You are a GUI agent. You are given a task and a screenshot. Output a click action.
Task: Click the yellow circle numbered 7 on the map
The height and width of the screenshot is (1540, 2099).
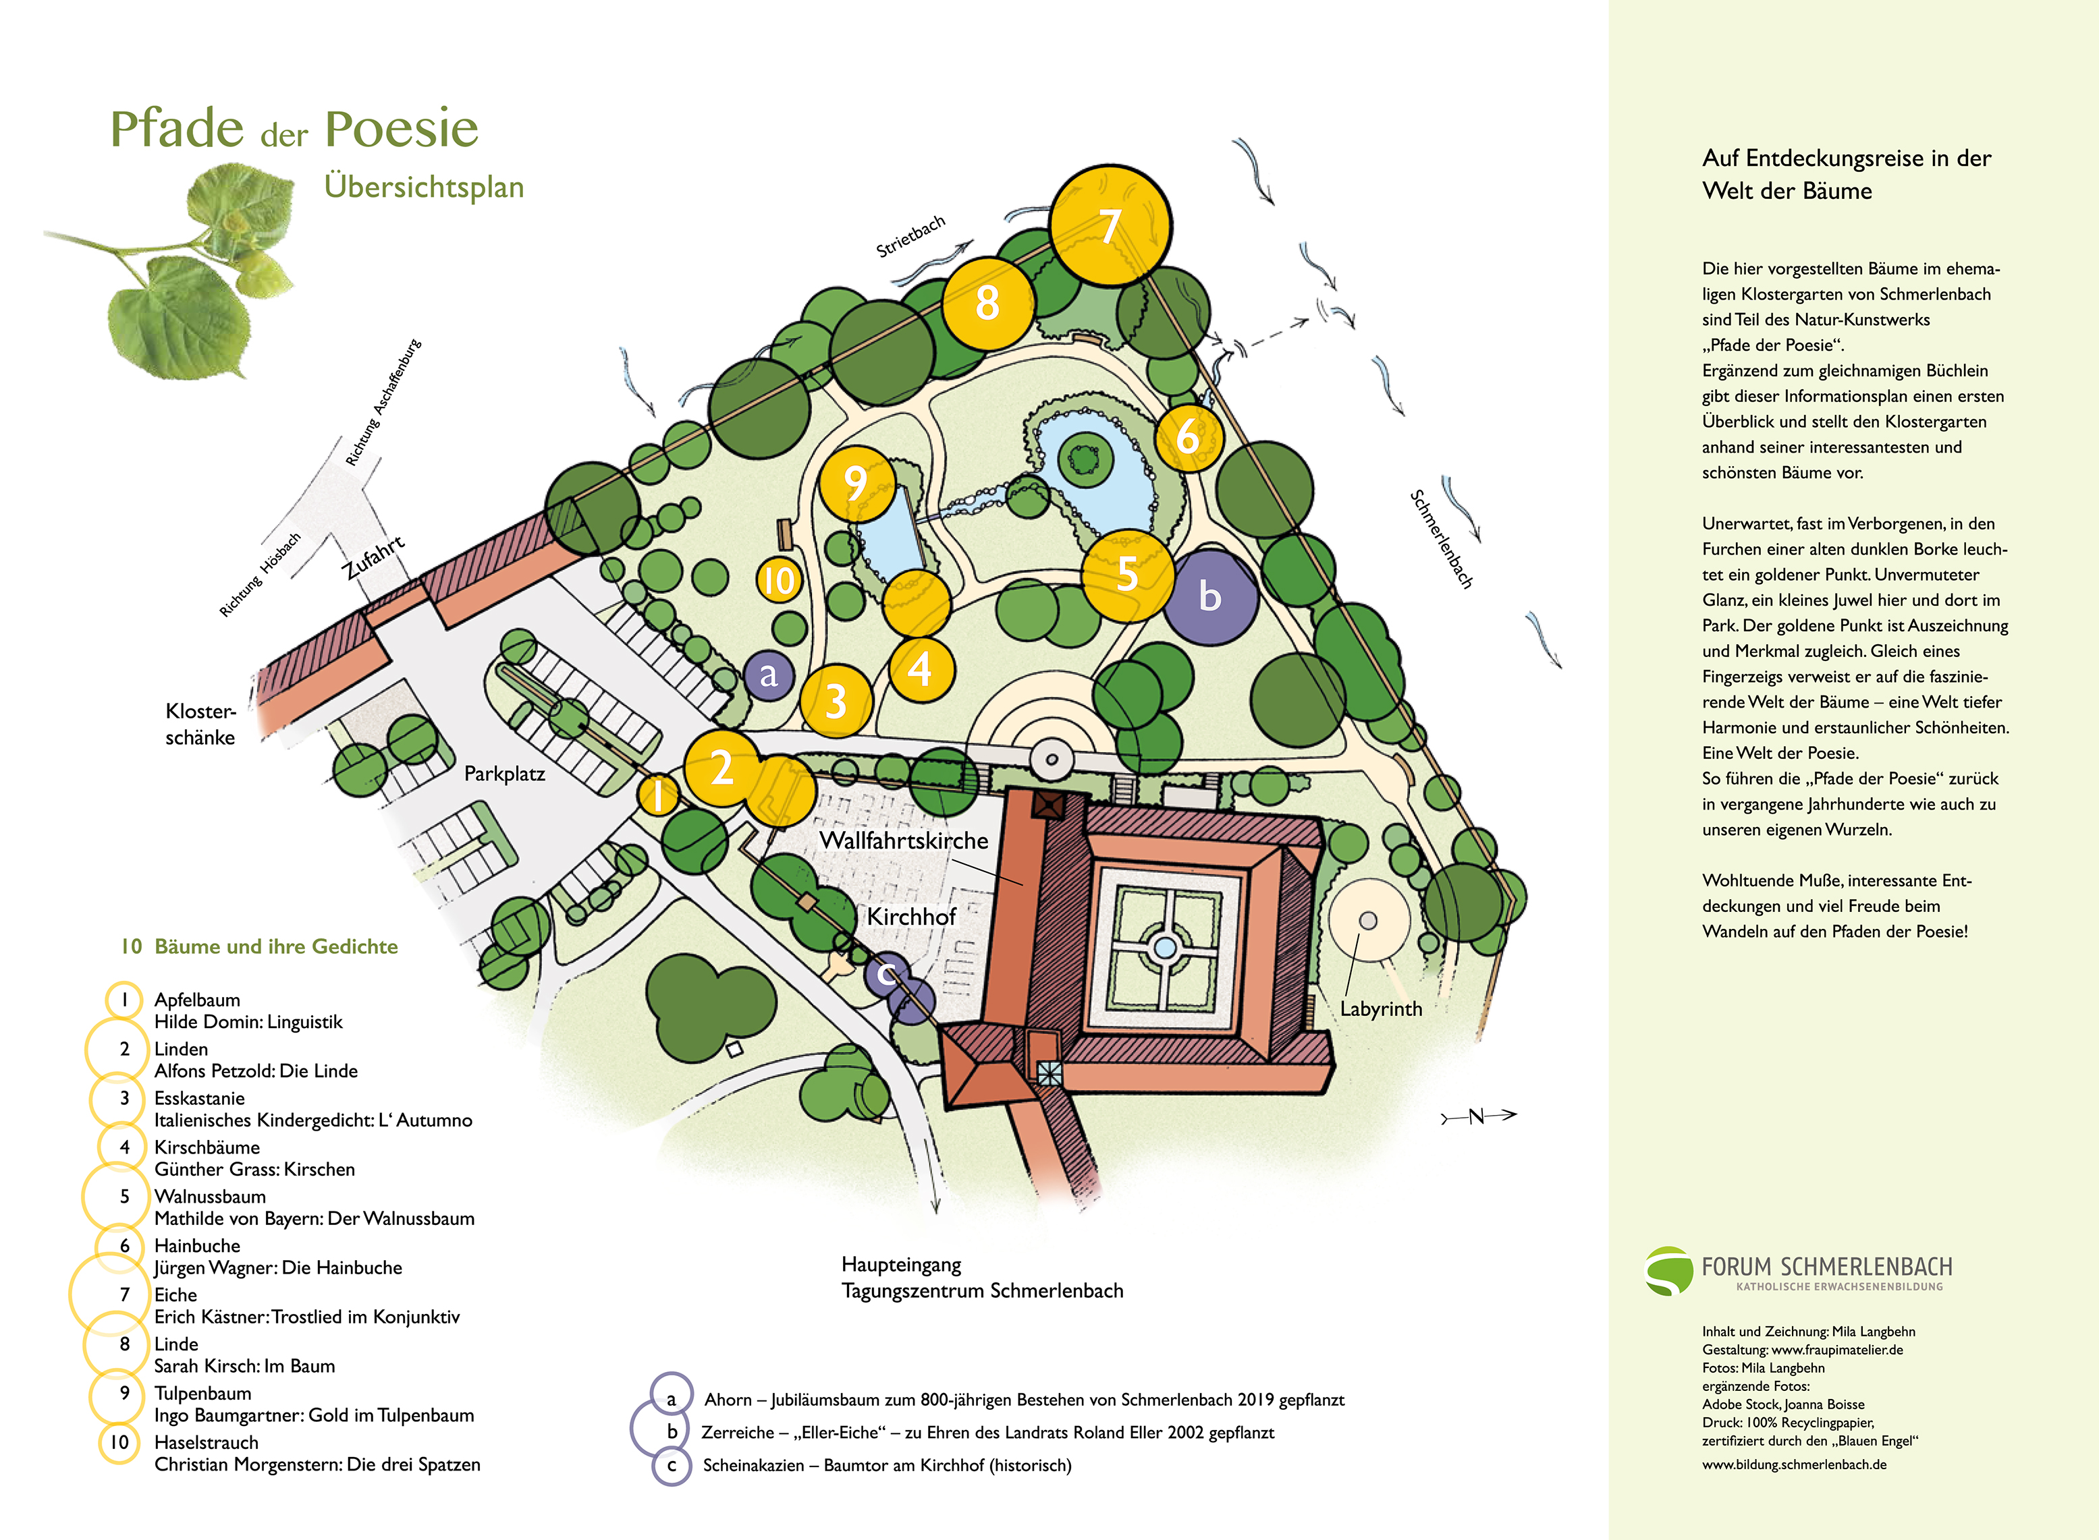1110,225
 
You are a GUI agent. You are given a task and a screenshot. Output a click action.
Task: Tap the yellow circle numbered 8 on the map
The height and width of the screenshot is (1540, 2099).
987,303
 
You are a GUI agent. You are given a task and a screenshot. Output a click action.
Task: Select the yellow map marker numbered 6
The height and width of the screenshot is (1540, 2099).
1188,436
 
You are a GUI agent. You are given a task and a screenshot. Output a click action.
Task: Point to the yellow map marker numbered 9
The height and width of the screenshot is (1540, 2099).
856,483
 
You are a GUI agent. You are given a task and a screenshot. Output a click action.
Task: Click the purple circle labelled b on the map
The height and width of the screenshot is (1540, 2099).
1210,596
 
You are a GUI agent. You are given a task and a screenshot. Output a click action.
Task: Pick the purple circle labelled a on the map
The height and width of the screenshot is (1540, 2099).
768,674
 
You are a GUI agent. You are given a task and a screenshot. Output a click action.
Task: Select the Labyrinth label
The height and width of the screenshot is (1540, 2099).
1381,1008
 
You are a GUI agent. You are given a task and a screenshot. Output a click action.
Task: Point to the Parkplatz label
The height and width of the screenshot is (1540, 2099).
504,774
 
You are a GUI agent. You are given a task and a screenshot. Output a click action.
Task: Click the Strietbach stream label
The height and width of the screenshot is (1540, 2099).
910,236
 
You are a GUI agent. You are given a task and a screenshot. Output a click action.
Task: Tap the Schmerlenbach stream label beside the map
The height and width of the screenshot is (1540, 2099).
1441,539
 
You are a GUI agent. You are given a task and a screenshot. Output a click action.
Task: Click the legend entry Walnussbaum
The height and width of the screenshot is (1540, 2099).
210,1196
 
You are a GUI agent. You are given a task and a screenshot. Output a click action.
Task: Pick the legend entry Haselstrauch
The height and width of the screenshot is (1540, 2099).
206,1442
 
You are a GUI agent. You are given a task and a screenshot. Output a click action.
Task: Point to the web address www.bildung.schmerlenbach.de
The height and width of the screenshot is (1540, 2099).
1794,1464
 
